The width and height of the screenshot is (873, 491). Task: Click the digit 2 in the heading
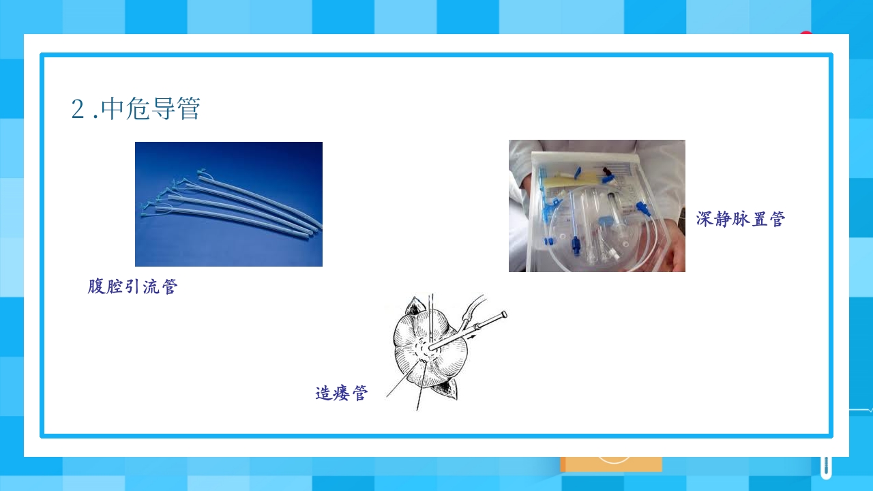(x=78, y=108)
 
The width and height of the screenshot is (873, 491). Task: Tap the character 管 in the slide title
(x=189, y=108)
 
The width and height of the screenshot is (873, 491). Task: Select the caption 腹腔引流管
(x=132, y=286)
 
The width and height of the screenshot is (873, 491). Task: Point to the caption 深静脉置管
(x=741, y=219)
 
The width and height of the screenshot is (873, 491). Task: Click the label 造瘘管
(x=342, y=393)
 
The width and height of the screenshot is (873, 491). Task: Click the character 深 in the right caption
(x=705, y=219)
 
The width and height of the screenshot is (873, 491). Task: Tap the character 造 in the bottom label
(x=323, y=393)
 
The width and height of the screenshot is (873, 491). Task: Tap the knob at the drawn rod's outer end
(x=504, y=314)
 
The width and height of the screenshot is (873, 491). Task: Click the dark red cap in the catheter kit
(x=606, y=170)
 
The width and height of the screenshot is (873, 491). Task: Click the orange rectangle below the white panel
(x=611, y=464)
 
